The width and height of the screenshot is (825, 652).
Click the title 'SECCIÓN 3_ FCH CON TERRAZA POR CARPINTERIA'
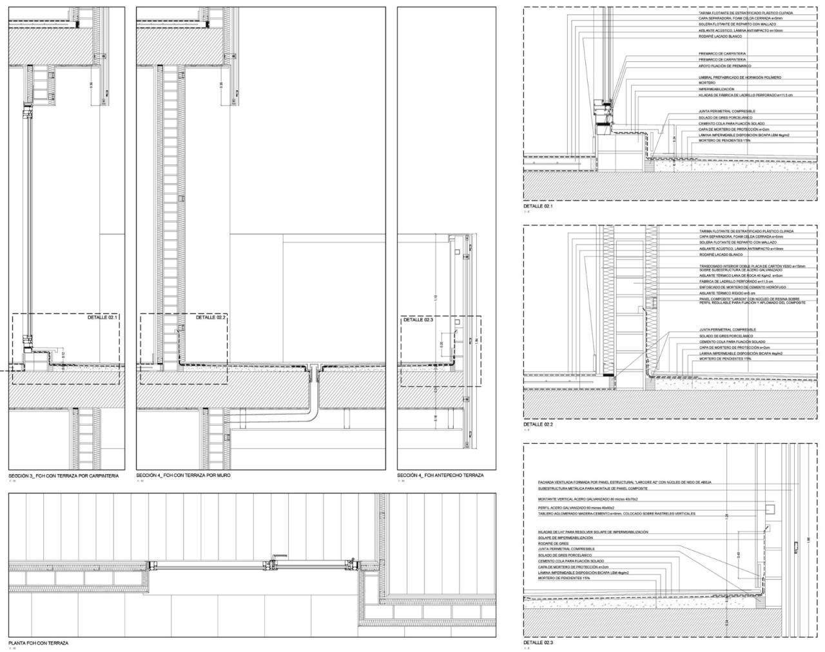[63, 476]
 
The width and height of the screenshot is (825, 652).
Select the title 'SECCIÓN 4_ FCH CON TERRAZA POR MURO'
[184, 475]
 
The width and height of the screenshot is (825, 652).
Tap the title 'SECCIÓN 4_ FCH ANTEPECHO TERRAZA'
[440, 476]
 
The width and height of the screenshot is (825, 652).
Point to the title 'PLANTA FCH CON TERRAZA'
[39, 643]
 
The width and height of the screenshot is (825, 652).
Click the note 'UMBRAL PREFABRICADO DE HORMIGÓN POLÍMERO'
[740, 77]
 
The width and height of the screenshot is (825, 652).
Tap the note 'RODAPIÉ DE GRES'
[553, 543]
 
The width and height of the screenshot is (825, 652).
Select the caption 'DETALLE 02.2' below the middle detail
[539, 424]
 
